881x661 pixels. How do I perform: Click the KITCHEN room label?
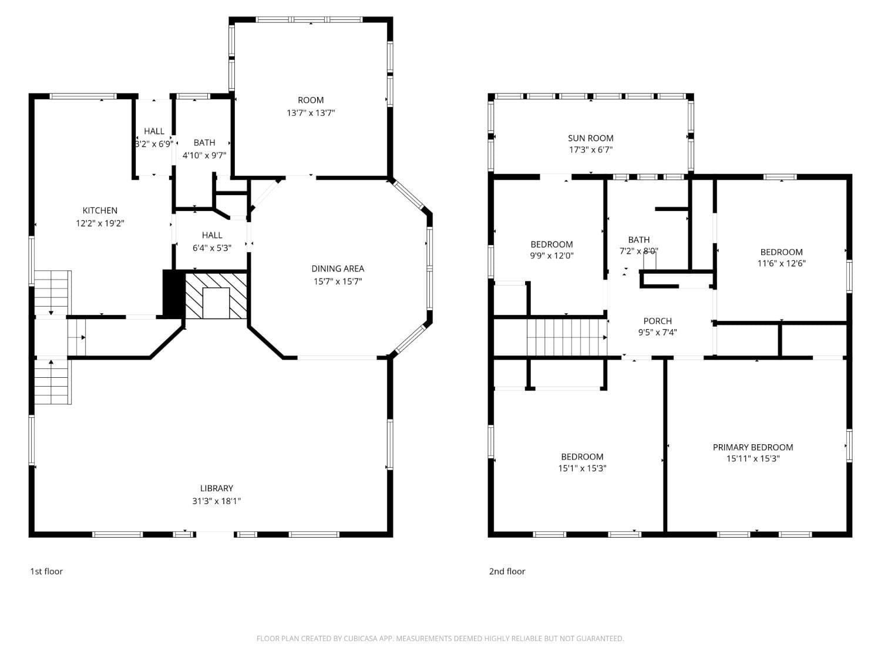tap(100, 210)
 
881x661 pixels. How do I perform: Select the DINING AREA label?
tap(337, 269)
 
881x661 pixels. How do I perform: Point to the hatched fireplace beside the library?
tap(216, 296)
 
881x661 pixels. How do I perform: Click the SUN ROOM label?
tap(590, 138)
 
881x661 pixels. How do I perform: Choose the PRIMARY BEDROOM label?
tap(752, 447)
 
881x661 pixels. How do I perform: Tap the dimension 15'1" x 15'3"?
tap(582, 468)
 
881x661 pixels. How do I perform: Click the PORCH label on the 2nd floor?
tap(657, 321)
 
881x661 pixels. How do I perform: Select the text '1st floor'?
tap(46, 571)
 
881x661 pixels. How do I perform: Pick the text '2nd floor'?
tap(507, 571)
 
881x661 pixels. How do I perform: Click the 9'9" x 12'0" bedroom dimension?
tap(552, 256)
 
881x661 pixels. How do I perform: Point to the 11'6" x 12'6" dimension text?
tap(781, 263)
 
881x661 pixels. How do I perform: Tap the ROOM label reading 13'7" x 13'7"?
tap(311, 100)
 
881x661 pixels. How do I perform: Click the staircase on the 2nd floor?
tap(566, 337)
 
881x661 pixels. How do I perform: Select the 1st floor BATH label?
tap(204, 142)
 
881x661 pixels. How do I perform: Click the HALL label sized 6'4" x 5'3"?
tap(212, 235)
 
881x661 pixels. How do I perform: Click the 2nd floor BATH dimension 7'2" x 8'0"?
tap(638, 251)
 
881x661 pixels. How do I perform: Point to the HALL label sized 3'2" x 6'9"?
tap(154, 131)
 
